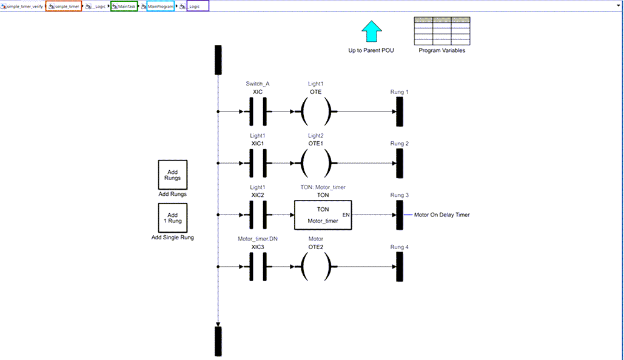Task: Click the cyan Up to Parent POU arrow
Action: pyautogui.click(x=371, y=32)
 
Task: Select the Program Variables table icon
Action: pyautogui.click(x=441, y=31)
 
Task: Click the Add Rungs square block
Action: pyautogui.click(x=173, y=175)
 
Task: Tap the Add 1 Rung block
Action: pyautogui.click(x=173, y=218)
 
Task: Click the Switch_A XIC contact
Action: pyautogui.click(x=258, y=112)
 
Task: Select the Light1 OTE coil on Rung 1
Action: pyautogui.click(x=316, y=112)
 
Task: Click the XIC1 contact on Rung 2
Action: pyautogui.click(x=258, y=164)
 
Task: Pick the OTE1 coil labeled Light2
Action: pyautogui.click(x=316, y=164)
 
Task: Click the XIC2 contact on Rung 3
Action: pyautogui.click(x=258, y=215)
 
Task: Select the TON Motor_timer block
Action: pyautogui.click(x=323, y=215)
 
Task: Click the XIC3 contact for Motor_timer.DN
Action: pyautogui.click(x=258, y=267)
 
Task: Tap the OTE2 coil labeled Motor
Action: pyautogui.click(x=316, y=267)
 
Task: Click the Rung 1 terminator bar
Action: pyautogui.click(x=399, y=112)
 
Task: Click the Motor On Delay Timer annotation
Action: pyautogui.click(x=441, y=215)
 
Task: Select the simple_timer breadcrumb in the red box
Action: pyautogui.click(x=64, y=6)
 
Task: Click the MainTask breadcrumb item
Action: pyautogui.click(x=124, y=6)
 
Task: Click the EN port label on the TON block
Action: pyautogui.click(x=346, y=215)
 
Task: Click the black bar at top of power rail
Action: pyautogui.click(x=218, y=59)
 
